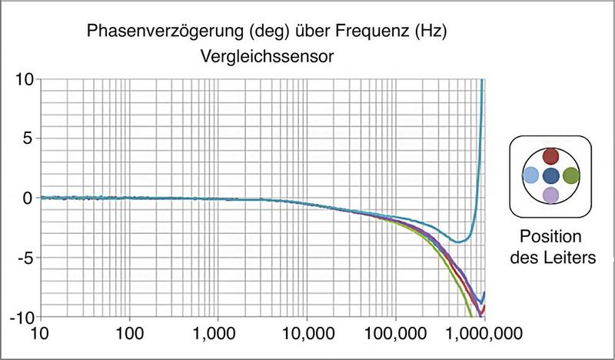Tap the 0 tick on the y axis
pos(28,198)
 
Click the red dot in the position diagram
pos(550,156)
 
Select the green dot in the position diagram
pos(570,175)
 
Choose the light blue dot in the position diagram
pos(530,175)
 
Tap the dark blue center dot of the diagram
pos(550,175)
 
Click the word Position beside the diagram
pos(550,236)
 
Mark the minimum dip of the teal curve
pos(458,242)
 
